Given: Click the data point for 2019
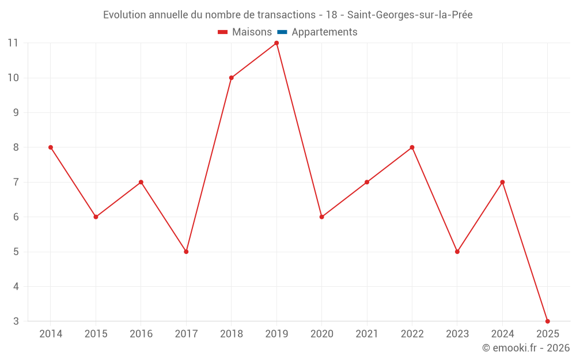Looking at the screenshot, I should point(276,43).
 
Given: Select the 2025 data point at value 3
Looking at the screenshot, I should point(547,321).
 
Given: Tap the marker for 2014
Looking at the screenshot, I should point(51,147).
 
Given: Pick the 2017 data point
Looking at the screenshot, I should point(186,252).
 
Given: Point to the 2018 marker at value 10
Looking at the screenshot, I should point(231,78).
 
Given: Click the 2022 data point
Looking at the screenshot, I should point(412,147).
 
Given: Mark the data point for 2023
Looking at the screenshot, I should point(457,252).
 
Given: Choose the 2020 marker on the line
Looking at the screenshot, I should point(321,217).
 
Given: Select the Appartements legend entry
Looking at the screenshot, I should point(324,32).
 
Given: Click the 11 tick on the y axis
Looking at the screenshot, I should point(13,43).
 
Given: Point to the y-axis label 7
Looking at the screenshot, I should point(16,182).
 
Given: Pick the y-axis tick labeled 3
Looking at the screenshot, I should point(16,321).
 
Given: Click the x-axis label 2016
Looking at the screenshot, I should point(141,334).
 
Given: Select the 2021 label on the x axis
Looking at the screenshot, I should point(367,334).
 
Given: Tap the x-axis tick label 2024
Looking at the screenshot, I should point(502,334).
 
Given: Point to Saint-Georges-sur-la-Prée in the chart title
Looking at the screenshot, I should point(410,15).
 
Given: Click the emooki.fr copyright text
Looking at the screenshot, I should point(526,348).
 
